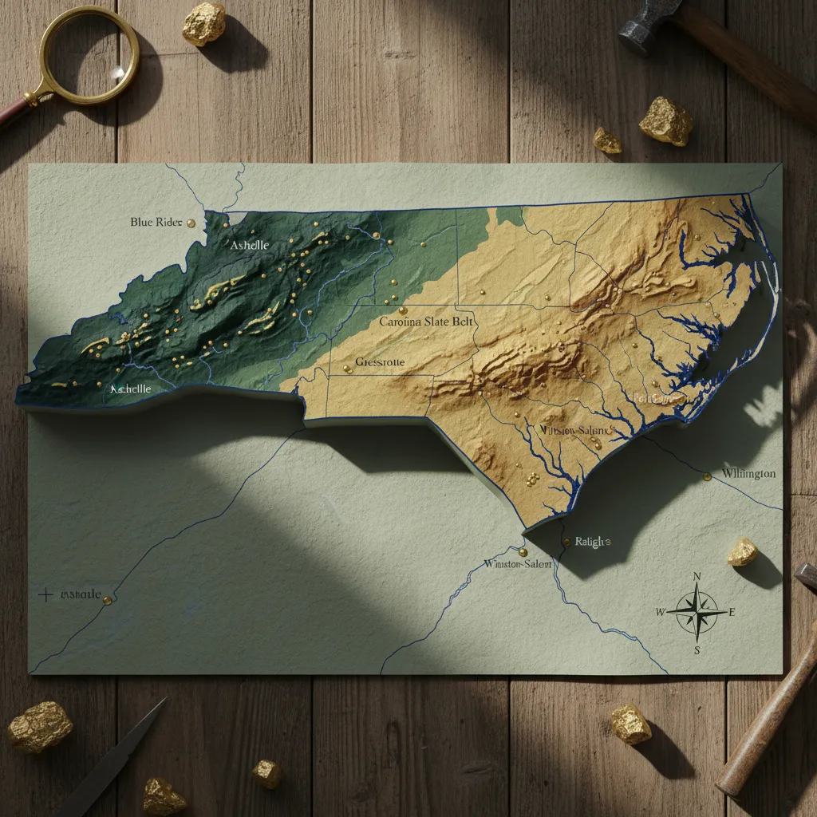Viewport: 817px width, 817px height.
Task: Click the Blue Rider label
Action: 156,222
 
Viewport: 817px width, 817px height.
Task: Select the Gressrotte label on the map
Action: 380,362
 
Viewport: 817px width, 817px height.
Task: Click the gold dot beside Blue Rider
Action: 191,223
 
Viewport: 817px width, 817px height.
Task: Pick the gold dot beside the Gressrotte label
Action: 346,369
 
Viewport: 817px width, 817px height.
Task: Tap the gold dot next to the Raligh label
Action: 566,542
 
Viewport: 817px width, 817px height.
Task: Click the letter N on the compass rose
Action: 697,577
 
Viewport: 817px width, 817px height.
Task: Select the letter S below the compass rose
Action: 697,649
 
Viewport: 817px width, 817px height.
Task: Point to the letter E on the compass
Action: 732,613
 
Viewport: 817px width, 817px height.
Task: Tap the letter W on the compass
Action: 660,613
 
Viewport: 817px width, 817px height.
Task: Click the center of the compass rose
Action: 697,613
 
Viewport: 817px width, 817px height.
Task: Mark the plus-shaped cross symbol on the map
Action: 45,594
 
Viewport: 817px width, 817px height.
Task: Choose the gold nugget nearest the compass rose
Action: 742,552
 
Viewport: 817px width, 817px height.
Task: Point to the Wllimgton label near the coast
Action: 748,474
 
